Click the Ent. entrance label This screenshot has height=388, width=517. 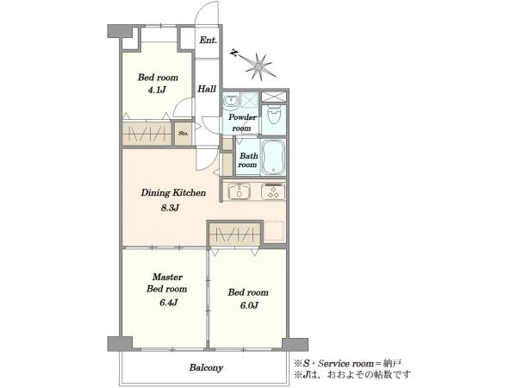point(209,41)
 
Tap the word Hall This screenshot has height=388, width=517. point(207,89)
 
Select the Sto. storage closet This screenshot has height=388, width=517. point(184,134)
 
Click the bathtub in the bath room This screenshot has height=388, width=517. point(273,157)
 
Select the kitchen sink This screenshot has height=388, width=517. point(240,191)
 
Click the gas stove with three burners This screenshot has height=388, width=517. point(273,191)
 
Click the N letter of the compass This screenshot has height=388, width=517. point(234,53)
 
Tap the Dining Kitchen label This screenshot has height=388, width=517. point(173,192)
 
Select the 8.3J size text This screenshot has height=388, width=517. point(170,208)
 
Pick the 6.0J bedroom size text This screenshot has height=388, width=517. point(249,305)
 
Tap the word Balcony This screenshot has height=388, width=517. point(207,367)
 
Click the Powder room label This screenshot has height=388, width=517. point(242,122)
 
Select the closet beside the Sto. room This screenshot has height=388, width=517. point(146,134)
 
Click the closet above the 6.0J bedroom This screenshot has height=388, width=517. point(235,235)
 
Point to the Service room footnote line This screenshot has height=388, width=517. point(348,364)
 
